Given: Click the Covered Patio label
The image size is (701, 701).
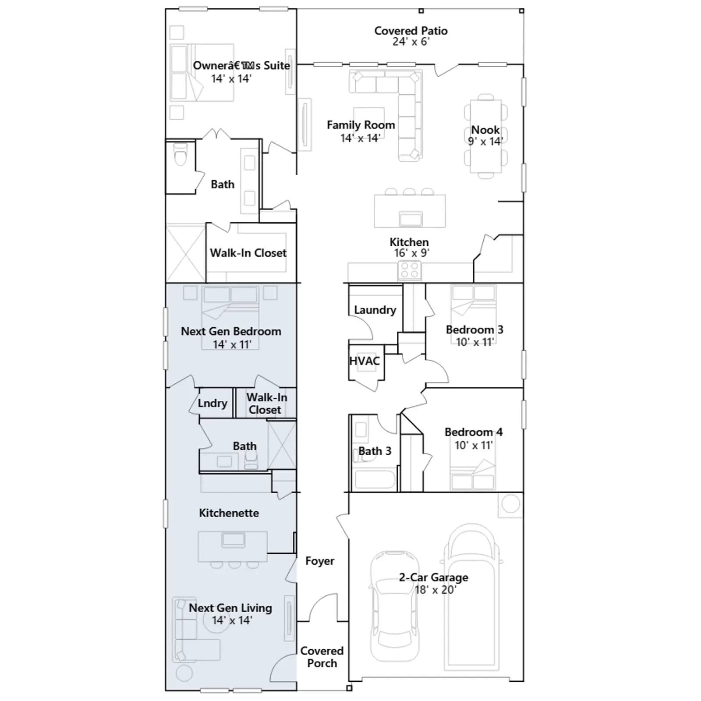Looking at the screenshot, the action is [411, 31].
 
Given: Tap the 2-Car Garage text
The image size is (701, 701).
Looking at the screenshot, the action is [433, 577].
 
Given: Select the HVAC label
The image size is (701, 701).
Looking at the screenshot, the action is [365, 361].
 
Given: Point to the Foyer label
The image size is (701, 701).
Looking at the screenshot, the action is [320, 561].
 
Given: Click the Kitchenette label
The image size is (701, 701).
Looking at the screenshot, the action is [229, 513].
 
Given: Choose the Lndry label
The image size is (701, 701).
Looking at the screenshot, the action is [212, 403].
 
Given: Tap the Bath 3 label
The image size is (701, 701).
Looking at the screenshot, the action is [375, 451].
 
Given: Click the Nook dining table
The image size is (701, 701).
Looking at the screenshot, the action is [485, 136].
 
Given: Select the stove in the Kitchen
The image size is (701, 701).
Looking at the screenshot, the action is [410, 270].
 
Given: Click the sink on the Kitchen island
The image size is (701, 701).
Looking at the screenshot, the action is [411, 219].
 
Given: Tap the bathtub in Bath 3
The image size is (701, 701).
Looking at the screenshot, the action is [375, 479].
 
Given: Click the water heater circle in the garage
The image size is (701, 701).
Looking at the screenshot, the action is [510, 504].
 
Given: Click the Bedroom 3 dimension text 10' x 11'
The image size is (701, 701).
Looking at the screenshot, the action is [475, 342].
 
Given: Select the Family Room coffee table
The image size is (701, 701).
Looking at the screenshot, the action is [369, 119].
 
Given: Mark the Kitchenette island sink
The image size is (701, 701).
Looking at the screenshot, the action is [233, 540].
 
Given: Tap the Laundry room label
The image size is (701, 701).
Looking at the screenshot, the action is [375, 310].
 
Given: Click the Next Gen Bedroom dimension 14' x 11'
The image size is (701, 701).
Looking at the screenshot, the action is [232, 344].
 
